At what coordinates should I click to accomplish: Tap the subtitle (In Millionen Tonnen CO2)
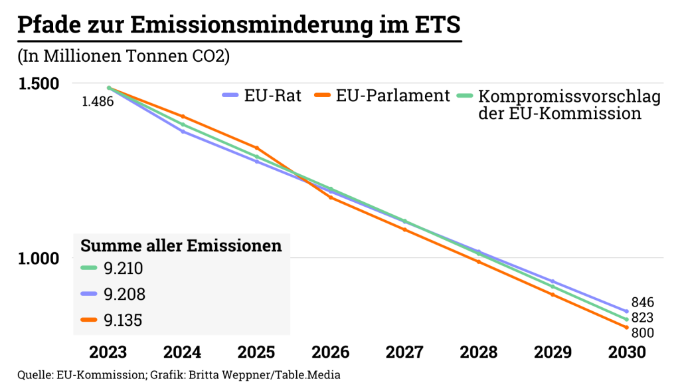click(124, 57)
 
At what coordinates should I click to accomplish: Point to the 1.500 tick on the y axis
click(39, 84)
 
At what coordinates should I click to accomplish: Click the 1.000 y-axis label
click(39, 258)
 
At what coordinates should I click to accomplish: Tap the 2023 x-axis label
click(108, 352)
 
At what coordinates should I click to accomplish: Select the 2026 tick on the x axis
click(331, 352)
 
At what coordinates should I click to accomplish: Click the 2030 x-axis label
click(627, 352)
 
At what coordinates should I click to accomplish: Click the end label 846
click(643, 302)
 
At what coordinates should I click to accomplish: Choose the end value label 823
click(643, 318)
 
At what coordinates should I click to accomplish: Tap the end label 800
click(643, 333)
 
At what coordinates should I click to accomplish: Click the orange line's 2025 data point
click(257, 148)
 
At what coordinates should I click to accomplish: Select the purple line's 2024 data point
click(183, 132)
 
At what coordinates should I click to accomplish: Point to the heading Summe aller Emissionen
click(181, 245)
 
